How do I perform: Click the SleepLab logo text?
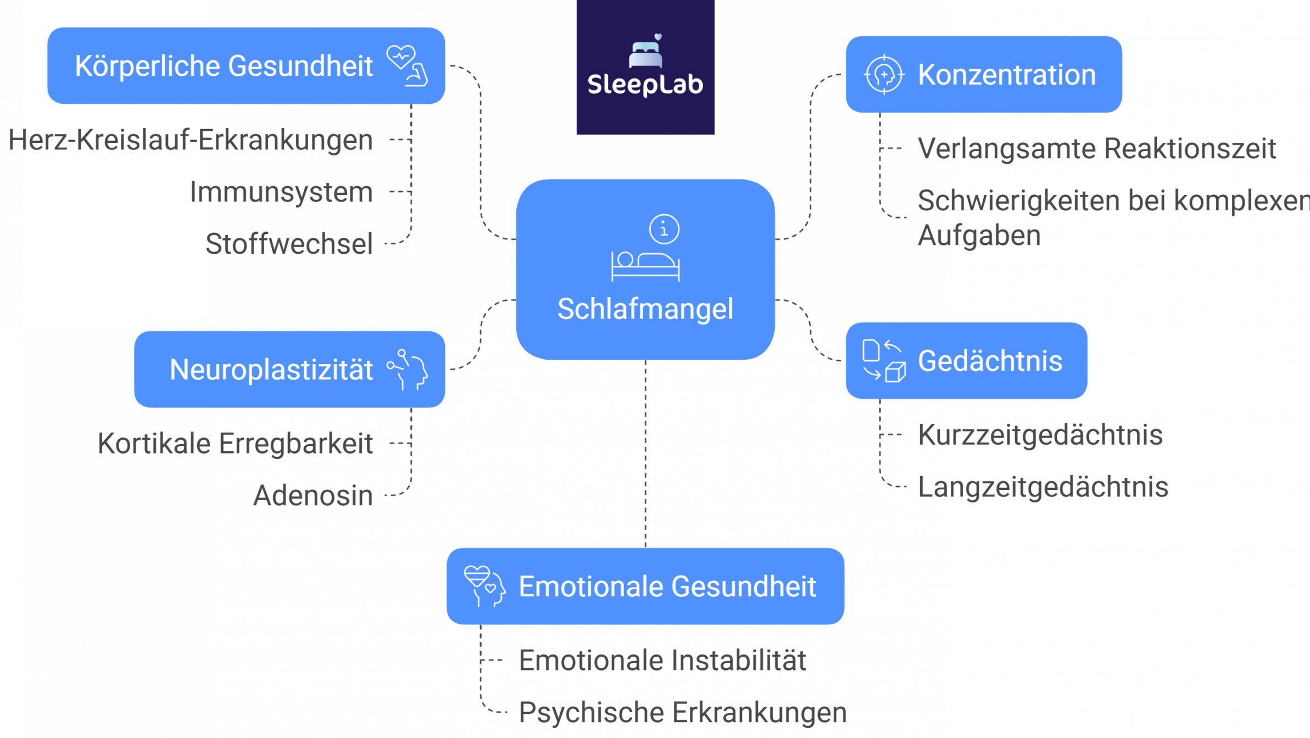click(x=645, y=85)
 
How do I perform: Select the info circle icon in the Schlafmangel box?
click(x=664, y=228)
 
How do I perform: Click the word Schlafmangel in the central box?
click(x=645, y=309)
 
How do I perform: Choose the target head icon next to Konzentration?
click(x=884, y=75)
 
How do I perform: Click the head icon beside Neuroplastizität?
click(x=408, y=370)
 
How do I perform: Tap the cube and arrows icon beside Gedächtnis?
click(x=884, y=361)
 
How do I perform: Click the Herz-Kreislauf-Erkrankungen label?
click(x=191, y=140)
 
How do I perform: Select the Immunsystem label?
click(x=281, y=192)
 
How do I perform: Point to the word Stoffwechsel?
click(x=289, y=244)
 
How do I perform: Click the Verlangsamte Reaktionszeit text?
click(x=1097, y=149)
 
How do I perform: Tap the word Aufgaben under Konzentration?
click(x=979, y=236)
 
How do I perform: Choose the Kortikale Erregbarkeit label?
click(x=236, y=444)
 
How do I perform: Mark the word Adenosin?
click(x=313, y=496)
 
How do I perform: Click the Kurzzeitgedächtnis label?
click(x=1040, y=435)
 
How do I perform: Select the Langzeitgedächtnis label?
click(x=1043, y=487)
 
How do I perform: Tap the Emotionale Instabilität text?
click(x=662, y=660)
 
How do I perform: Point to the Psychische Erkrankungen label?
click(x=683, y=713)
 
